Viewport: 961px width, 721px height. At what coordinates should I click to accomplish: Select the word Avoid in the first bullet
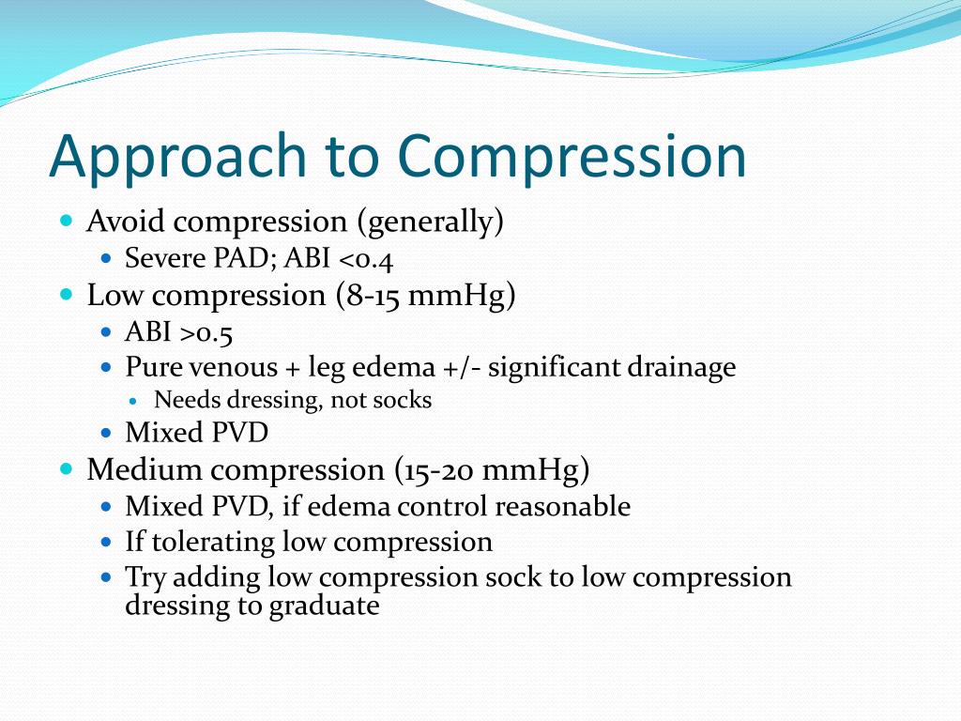(125, 222)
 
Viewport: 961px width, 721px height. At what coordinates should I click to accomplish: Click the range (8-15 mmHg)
(425, 296)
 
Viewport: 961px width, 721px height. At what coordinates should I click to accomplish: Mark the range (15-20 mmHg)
(493, 469)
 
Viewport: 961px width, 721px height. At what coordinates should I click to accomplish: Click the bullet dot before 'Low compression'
(66, 294)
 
